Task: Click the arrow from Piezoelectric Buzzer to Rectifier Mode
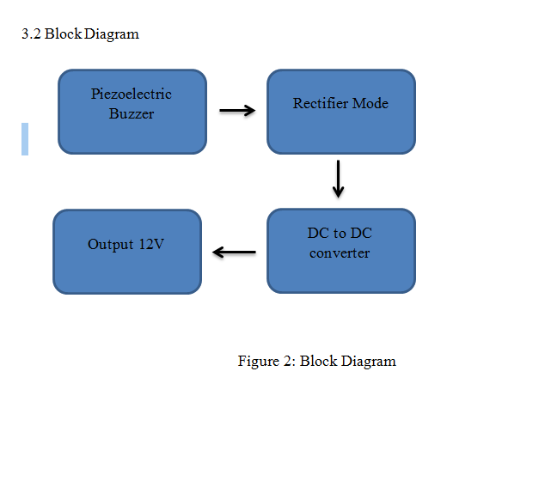pyautogui.click(x=237, y=110)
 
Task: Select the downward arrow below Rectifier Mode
pyautogui.click(x=339, y=179)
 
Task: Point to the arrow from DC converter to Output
pyautogui.click(x=234, y=253)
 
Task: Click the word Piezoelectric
pyautogui.click(x=132, y=94)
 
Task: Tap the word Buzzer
pyautogui.click(x=132, y=113)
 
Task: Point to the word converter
pyautogui.click(x=340, y=253)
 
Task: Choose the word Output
pyautogui.click(x=110, y=244)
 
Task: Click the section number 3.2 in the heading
pyautogui.click(x=31, y=34)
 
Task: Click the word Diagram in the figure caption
pyautogui.click(x=369, y=361)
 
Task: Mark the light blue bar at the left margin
pyautogui.click(x=25, y=139)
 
